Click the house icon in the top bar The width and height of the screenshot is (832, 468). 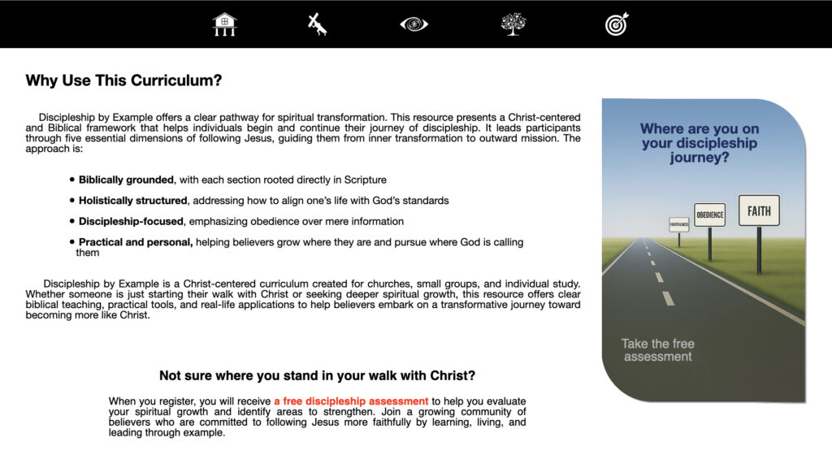click(224, 24)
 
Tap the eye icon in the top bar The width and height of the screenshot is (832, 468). click(414, 24)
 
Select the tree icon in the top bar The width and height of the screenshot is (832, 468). click(513, 24)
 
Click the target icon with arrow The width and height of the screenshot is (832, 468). click(617, 24)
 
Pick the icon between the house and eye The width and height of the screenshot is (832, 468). click(318, 24)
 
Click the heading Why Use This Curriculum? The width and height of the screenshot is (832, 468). click(123, 80)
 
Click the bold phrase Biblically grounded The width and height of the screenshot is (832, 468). click(126, 180)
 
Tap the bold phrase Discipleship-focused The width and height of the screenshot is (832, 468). click(131, 221)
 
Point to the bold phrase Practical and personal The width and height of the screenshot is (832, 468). click(136, 242)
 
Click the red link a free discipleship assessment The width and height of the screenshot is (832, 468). click(351, 401)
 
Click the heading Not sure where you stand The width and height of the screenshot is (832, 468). click(317, 375)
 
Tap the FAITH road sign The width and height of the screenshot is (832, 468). click(759, 211)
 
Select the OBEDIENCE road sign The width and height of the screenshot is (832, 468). click(709, 215)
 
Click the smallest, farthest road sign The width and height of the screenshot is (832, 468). click(678, 223)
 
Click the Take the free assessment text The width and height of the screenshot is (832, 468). click(657, 350)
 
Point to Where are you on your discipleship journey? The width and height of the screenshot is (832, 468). click(699, 143)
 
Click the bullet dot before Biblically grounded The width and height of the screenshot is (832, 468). click(71, 180)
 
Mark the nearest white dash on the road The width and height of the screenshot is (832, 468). click(668, 298)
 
